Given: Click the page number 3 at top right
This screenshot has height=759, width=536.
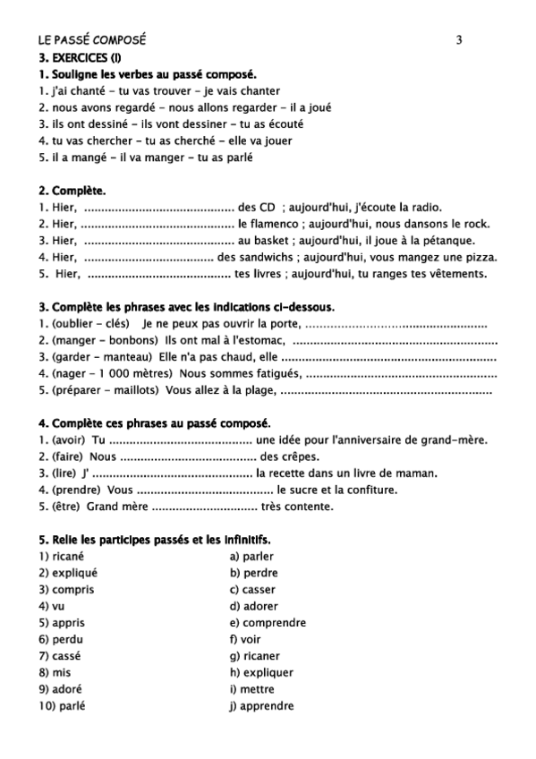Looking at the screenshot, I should click(459, 39).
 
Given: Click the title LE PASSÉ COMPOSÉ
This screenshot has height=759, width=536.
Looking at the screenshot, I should click(92, 39).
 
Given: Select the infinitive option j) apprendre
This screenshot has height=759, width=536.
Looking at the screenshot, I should click(261, 706).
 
